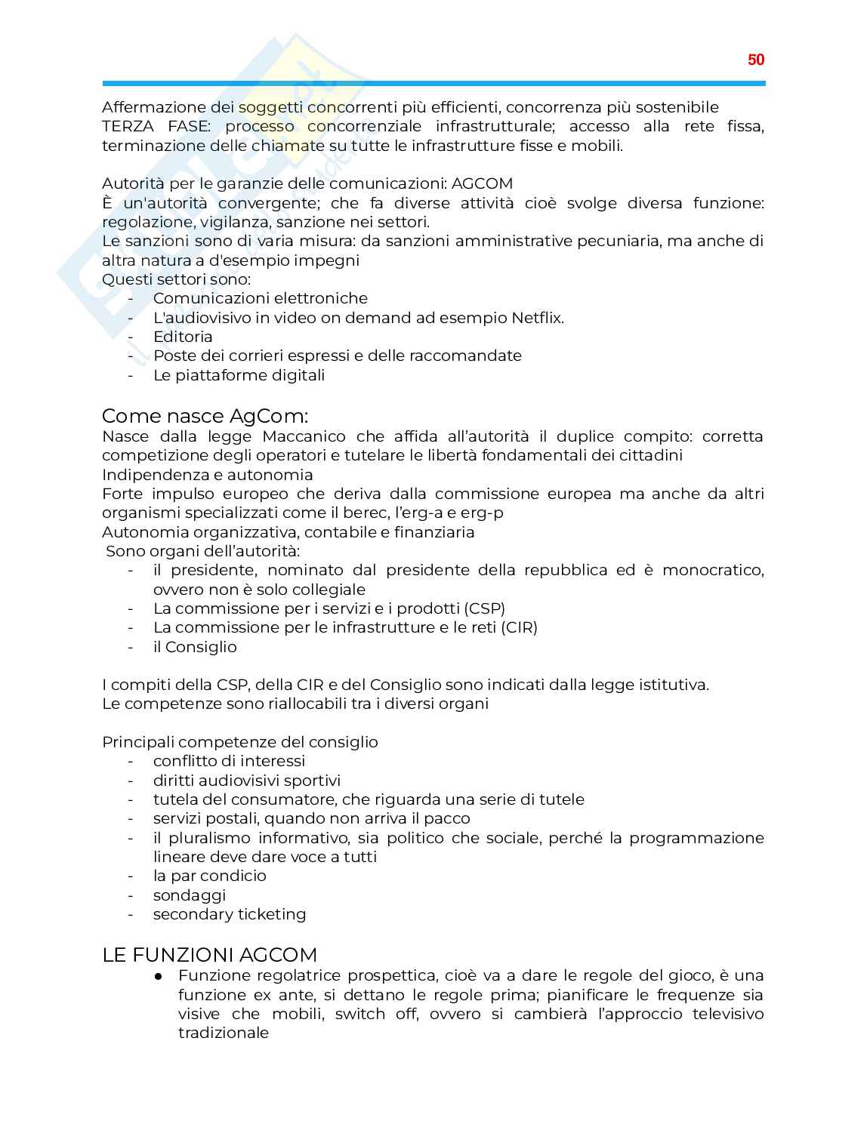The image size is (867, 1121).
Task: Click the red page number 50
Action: click(x=755, y=60)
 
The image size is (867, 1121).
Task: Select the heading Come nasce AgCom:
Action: click(x=205, y=416)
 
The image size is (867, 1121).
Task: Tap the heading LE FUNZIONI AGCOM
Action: click(x=209, y=955)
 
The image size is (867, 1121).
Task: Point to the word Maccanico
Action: click(x=304, y=436)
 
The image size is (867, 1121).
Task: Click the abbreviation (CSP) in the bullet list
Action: click(x=484, y=608)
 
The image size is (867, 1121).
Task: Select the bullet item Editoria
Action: click(x=183, y=337)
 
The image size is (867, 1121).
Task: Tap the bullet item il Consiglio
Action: click(x=195, y=647)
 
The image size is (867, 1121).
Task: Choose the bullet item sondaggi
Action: click(x=190, y=895)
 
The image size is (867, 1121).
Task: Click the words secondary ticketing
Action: click(x=230, y=914)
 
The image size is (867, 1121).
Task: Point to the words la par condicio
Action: click(x=209, y=876)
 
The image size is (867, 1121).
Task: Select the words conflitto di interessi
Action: click(x=229, y=761)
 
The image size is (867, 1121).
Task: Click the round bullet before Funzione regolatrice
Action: click(x=159, y=976)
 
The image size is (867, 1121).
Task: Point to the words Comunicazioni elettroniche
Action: click(x=261, y=298)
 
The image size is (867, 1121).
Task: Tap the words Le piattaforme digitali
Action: click(x=239, y=375)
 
